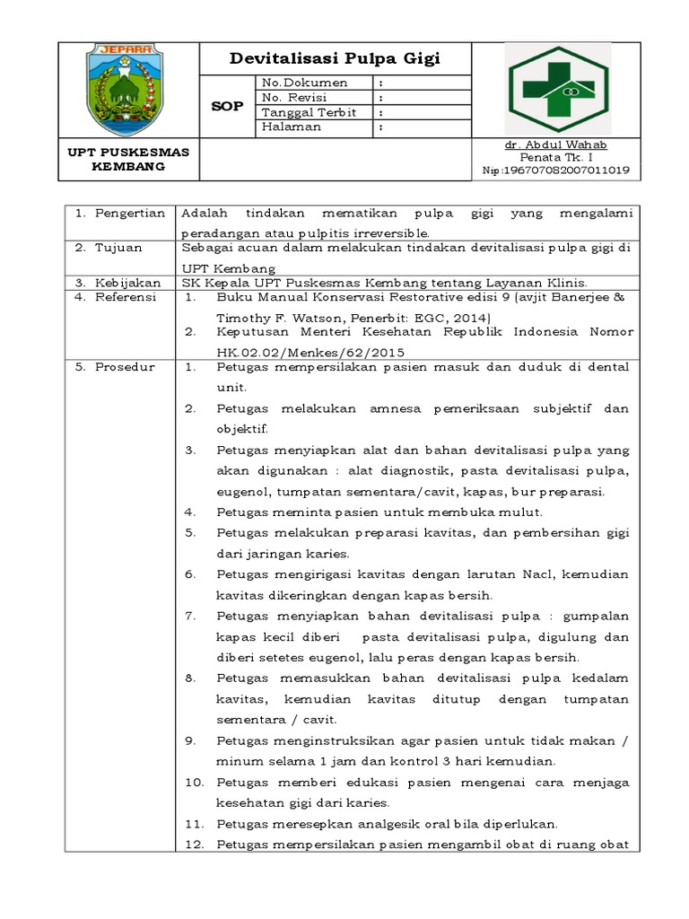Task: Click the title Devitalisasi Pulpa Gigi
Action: [x=336, y=59]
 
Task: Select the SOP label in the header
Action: [x=226, y=106]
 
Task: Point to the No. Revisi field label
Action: [x=295, y=98]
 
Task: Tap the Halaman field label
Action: [x=291, y=127]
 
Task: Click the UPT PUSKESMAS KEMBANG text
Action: [x=129, y=160]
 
